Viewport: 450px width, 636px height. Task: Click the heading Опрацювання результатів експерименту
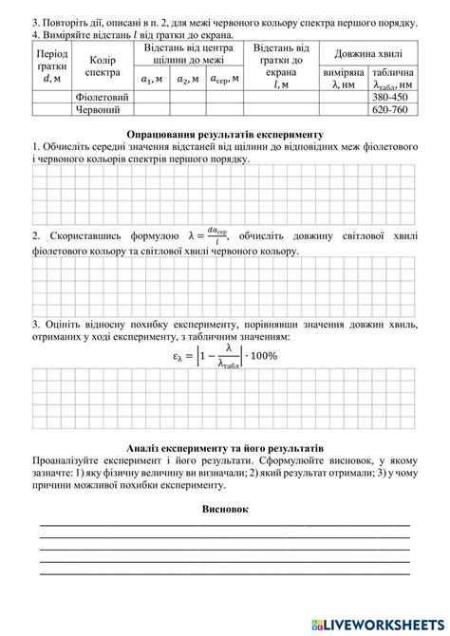click(x=225, y=135)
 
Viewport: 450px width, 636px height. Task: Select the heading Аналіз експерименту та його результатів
click(x=225, y=444)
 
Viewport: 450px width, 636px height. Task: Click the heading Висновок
click(x=225, y=509)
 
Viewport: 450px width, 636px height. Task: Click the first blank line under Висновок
click(x=225, y=525)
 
